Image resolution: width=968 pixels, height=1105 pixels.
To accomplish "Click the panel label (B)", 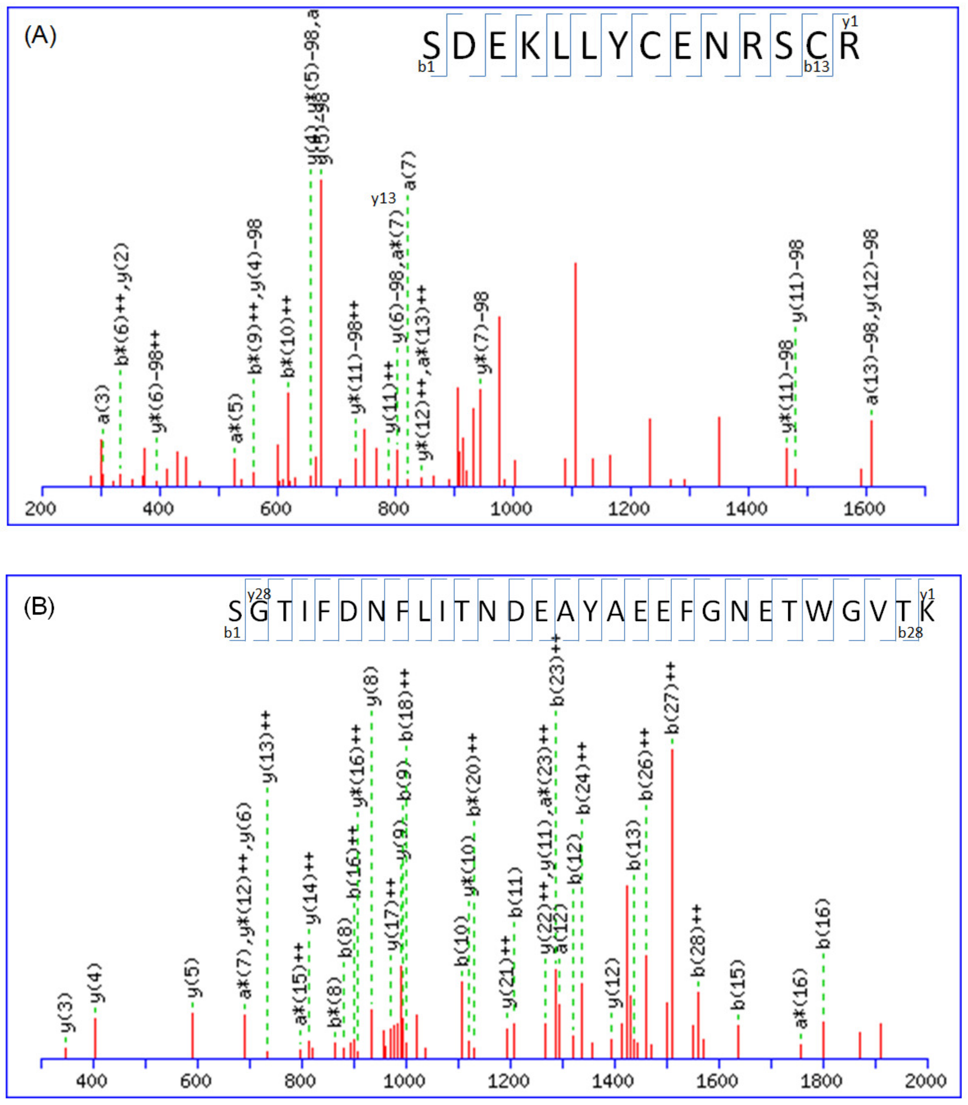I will click(39, 608).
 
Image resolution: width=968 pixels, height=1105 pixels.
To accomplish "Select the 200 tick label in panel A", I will click(41, 508).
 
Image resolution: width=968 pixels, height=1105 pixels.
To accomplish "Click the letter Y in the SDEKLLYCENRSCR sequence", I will click(619, 46).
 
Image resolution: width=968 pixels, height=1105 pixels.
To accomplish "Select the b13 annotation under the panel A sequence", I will click(816, 67).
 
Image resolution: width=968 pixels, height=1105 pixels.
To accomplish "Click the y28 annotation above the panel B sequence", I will click(259, 595).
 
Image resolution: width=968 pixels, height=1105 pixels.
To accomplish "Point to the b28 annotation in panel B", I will click(910, 632).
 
